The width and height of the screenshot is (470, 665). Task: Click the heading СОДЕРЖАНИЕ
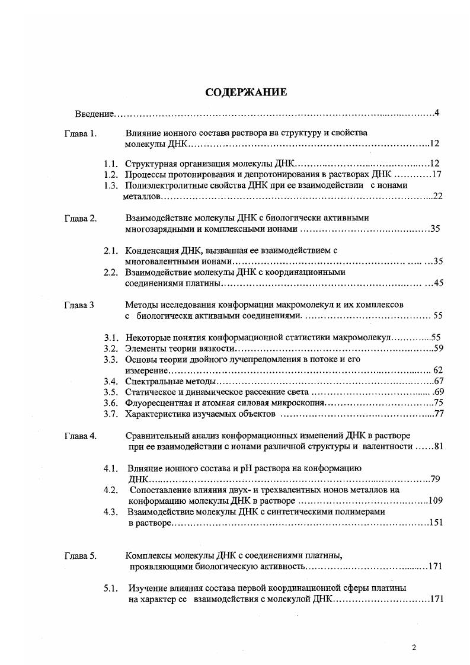[246, 92]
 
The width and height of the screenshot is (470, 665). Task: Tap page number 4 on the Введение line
[436, 113]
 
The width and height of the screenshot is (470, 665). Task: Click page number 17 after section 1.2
[438, 174]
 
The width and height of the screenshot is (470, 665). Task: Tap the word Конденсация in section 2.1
[152, 251]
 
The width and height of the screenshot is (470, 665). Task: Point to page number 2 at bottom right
[414, 647]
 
